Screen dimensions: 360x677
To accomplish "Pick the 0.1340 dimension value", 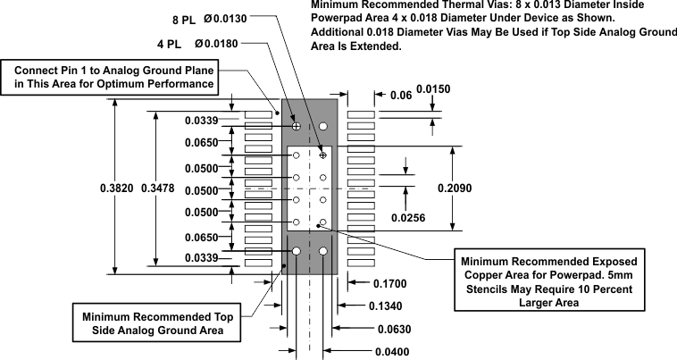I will point(386,306).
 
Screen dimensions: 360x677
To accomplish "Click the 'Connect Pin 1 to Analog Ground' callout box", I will point(113,77).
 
